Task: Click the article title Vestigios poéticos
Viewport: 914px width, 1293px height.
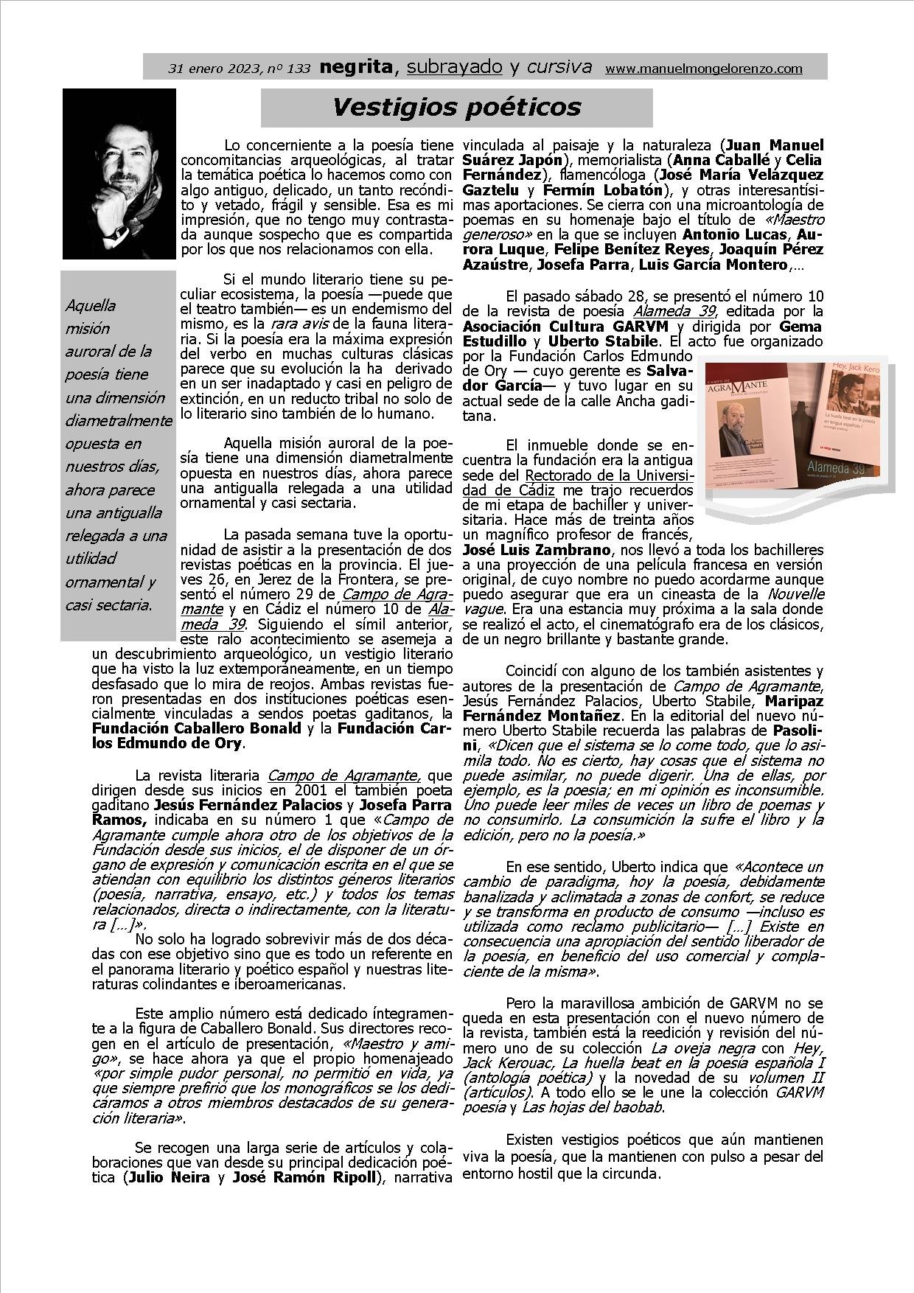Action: point(456,108)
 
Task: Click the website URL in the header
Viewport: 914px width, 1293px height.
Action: point(703,69)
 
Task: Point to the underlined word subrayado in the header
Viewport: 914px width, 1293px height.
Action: point(454,67)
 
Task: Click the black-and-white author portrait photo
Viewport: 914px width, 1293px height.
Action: point(119,173)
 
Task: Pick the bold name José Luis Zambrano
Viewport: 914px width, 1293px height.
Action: point(536,550)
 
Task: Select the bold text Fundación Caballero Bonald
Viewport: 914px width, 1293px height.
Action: point(197,728)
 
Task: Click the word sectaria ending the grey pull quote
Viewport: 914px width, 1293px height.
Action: point(128,605)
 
